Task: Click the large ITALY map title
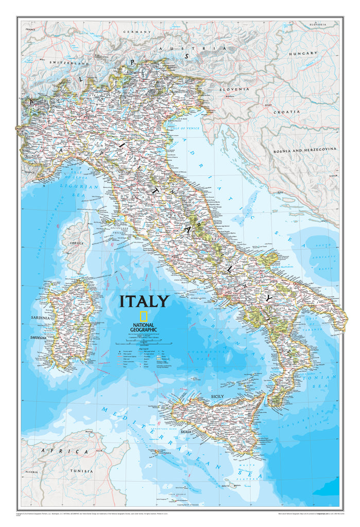pos(144,301)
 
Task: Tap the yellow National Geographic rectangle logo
pos(144,317)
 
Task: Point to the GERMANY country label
pos(137,32)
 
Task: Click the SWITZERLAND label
pos(69,63)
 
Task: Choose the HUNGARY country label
pos(306,53)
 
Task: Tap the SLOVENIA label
pos(234,89)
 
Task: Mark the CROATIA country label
pos(286,112)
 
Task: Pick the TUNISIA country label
pos(82,471)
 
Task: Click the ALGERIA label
pos(32,471)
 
